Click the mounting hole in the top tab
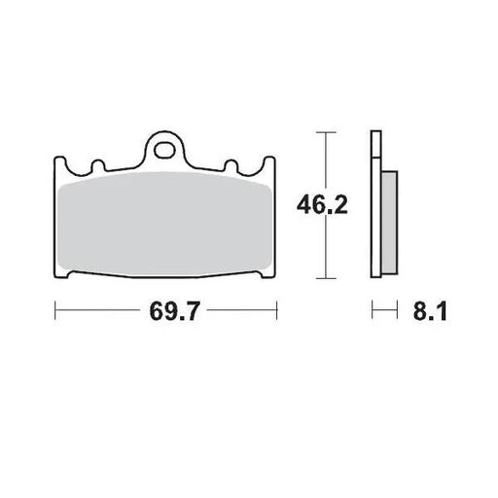[167, 150]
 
